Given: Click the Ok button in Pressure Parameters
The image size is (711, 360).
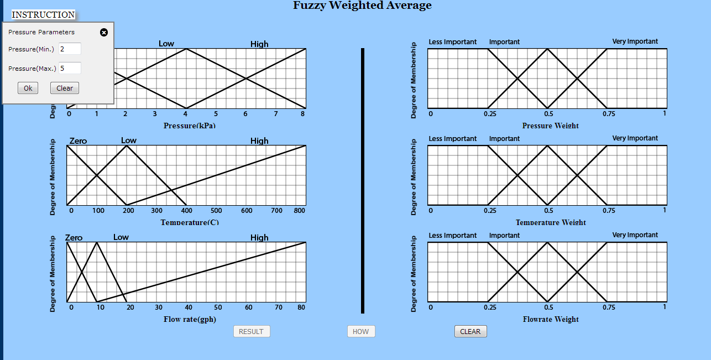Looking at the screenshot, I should [28, 88].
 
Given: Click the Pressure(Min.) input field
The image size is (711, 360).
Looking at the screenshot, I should [70, 49].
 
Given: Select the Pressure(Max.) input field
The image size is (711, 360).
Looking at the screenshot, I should [70, 68].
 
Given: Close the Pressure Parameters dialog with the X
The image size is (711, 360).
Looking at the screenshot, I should [103, 33].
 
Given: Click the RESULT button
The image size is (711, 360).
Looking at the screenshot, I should [252, 331].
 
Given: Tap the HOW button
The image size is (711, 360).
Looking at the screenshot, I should [360, 331].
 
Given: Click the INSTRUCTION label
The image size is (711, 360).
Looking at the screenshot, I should [43, 15].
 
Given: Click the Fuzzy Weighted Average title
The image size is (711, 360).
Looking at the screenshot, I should [362, 6].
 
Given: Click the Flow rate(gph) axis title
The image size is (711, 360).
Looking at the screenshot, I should [190, 319].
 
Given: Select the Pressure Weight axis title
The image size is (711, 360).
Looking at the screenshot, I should [550, 126].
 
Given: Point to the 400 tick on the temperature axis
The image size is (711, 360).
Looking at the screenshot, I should [187, 211].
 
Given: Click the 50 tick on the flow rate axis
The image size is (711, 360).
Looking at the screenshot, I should [218, 307].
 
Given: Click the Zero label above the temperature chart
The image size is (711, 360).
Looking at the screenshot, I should [78, 141].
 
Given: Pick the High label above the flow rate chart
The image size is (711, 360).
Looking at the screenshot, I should [259, 238].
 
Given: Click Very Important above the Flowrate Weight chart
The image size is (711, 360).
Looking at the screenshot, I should [635, 235].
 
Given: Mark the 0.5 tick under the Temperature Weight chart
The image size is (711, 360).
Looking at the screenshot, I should [547, 211].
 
